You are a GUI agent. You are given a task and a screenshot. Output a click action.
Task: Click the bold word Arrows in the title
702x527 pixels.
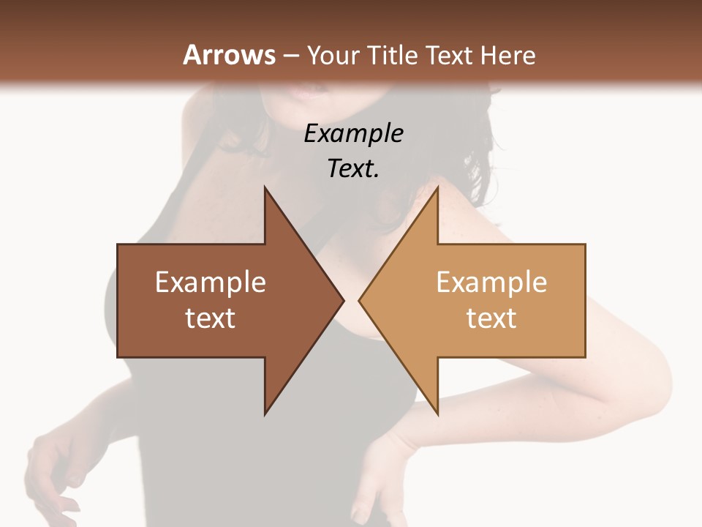(x=229, y=55)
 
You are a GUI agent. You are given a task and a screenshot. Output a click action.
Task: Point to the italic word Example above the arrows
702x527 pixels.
(x=353, y=134)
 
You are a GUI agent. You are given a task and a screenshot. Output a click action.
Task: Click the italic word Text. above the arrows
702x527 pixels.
(x=353, y=169)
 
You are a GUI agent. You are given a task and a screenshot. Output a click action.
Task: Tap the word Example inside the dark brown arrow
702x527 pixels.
(x=211, y=283)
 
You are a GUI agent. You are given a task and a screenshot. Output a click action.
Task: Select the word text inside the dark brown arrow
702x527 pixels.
(x=211, y=318)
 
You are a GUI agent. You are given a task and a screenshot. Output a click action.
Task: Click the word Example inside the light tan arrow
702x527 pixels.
(x=491, y=283)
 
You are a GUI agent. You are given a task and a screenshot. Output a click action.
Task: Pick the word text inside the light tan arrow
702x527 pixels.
(x=491, y=318)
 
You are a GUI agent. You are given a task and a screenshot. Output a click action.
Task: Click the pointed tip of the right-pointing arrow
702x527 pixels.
(x=342, y=300)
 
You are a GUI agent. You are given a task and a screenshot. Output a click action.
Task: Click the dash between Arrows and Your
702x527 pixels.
(x=291, y=56)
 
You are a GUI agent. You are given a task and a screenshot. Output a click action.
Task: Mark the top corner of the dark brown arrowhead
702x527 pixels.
(x=265, y=188)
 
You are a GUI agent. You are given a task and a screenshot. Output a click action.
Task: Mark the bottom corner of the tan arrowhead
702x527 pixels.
(x=437, y=414)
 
